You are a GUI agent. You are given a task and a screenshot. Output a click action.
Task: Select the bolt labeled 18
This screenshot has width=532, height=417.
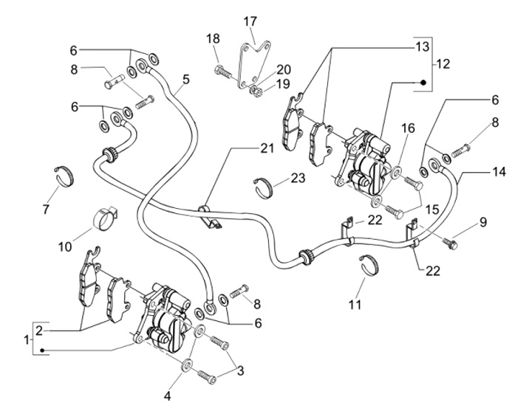point(221,72)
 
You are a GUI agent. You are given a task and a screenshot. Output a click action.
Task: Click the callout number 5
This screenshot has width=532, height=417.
point(186,78)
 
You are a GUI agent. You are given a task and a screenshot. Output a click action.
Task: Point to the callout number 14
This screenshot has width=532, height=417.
point(499,171)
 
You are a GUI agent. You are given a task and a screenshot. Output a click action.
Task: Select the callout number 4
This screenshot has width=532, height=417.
point(168,396)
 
